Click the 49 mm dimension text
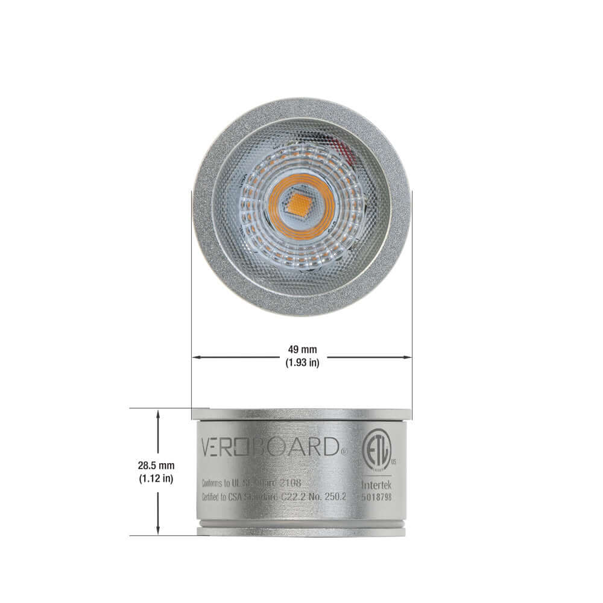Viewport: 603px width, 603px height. pyautogui.click(x=301, y=350)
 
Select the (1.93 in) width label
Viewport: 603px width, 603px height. pyautogui.click(x=301, y=363)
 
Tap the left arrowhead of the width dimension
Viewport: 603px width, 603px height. pyautogui.click(x=195, y=357)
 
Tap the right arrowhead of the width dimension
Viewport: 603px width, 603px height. pyautogui.click(x=408, y=357)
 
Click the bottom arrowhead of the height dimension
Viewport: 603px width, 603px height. pyautogui.click(x=158, y=531)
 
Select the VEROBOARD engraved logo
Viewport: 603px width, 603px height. pyautogui.click(x=271, y=447)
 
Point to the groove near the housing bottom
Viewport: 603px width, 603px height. pyautogui.click(x=301, y=526)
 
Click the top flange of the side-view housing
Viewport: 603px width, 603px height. pyautogui.click(x=301, y=414)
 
